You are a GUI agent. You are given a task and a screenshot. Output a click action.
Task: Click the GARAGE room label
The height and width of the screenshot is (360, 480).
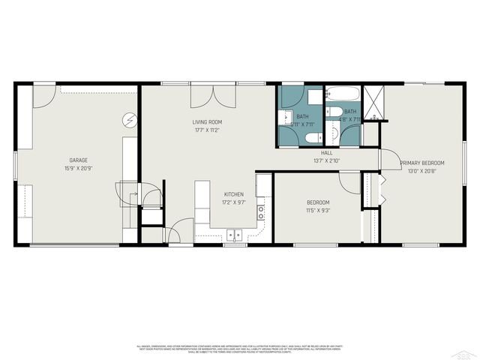coord(79,160)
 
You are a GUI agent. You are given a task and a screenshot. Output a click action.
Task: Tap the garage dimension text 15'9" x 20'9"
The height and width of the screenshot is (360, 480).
coord(79,167)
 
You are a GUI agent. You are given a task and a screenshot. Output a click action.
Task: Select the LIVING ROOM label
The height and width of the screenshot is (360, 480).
coord(207,121)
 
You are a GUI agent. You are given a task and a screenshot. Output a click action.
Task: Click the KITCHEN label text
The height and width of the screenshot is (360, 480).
coord(233,194)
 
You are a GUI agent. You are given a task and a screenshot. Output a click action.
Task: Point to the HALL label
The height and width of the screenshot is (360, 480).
coord(327,152)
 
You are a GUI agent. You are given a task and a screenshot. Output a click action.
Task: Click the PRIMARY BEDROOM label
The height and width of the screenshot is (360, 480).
coord(421,163)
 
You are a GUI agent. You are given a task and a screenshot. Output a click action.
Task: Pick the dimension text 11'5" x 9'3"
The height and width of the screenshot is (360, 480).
coord(317,211)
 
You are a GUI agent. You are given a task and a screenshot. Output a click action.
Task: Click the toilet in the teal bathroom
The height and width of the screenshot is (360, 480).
coord(316,137)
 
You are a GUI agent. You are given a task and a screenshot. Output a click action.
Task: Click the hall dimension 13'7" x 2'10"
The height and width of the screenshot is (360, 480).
coord(327,160)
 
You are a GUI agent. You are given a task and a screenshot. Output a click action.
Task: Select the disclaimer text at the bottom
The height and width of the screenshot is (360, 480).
coord(239,348)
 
